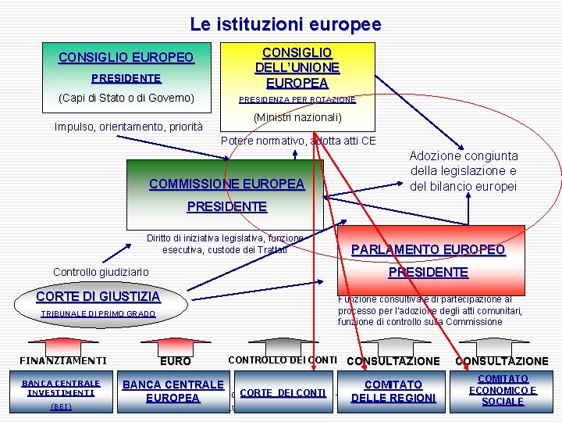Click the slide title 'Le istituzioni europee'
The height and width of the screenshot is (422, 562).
(285, 24)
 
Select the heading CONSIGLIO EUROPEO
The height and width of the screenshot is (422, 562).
(126, 58)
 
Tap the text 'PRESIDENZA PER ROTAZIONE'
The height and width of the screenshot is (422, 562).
(297, 100)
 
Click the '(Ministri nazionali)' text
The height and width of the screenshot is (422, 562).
(297, 117)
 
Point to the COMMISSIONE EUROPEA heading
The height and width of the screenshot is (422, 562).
(226, 184)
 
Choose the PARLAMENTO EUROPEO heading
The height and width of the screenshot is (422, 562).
(428, 250)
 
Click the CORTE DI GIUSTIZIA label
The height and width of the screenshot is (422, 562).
(98, 297)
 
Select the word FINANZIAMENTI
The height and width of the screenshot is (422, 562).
(62, 361)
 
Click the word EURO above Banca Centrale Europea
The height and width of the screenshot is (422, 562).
(175, 362)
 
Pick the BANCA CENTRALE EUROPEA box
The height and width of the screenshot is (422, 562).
(173, 391)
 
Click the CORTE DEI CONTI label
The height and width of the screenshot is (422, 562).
(283, 393)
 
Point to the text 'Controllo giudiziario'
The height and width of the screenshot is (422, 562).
(101, 272)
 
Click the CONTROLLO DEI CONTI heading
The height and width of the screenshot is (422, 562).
(282, 360)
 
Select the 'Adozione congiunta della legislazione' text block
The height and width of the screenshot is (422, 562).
(463, 171)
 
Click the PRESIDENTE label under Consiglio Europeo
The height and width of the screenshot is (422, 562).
(126, 78)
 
